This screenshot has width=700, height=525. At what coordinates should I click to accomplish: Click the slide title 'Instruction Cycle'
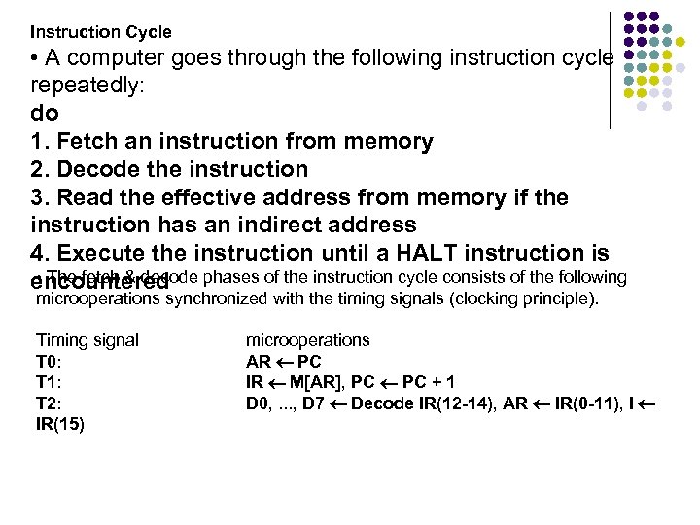pos(101,32)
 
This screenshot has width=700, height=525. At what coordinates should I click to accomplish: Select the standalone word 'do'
pos(45,113)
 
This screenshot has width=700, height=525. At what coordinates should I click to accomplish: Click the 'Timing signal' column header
pos(87,340)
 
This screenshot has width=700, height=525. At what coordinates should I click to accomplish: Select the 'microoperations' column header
pos(307,340)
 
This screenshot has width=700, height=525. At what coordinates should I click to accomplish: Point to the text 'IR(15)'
pos(60,425)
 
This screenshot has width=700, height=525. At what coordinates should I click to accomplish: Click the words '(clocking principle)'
pos(526,298)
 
